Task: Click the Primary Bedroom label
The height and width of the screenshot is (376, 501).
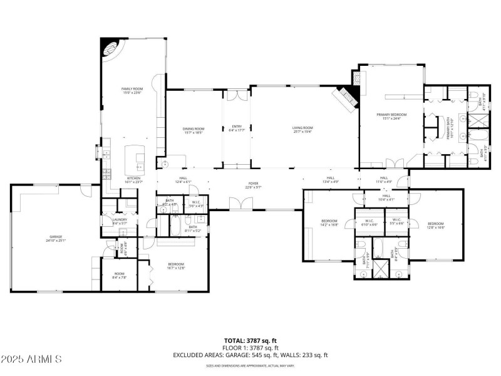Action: [x=391, y=116]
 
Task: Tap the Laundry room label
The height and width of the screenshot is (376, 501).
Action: [x=120, y=221]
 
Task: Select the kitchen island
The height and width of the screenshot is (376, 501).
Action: [x=135, y=160]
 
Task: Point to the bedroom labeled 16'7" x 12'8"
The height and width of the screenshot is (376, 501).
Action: [x=176, y=266]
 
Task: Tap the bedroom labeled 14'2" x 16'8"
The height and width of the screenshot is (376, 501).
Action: [x=329, y=222]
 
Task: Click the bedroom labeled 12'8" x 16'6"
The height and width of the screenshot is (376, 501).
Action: [x=436, y=225]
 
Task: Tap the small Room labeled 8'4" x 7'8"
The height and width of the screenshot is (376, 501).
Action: [x=119, y=274]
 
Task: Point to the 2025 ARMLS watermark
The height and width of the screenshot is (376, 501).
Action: [x=31, y=359]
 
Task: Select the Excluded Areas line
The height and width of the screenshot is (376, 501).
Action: [x=250, y=355]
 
